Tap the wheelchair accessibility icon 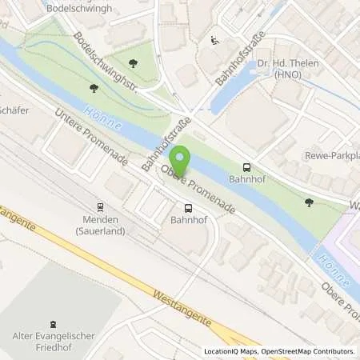point(214,40)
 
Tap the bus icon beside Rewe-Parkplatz point(247,167)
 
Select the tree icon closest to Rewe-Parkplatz point(310,202)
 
